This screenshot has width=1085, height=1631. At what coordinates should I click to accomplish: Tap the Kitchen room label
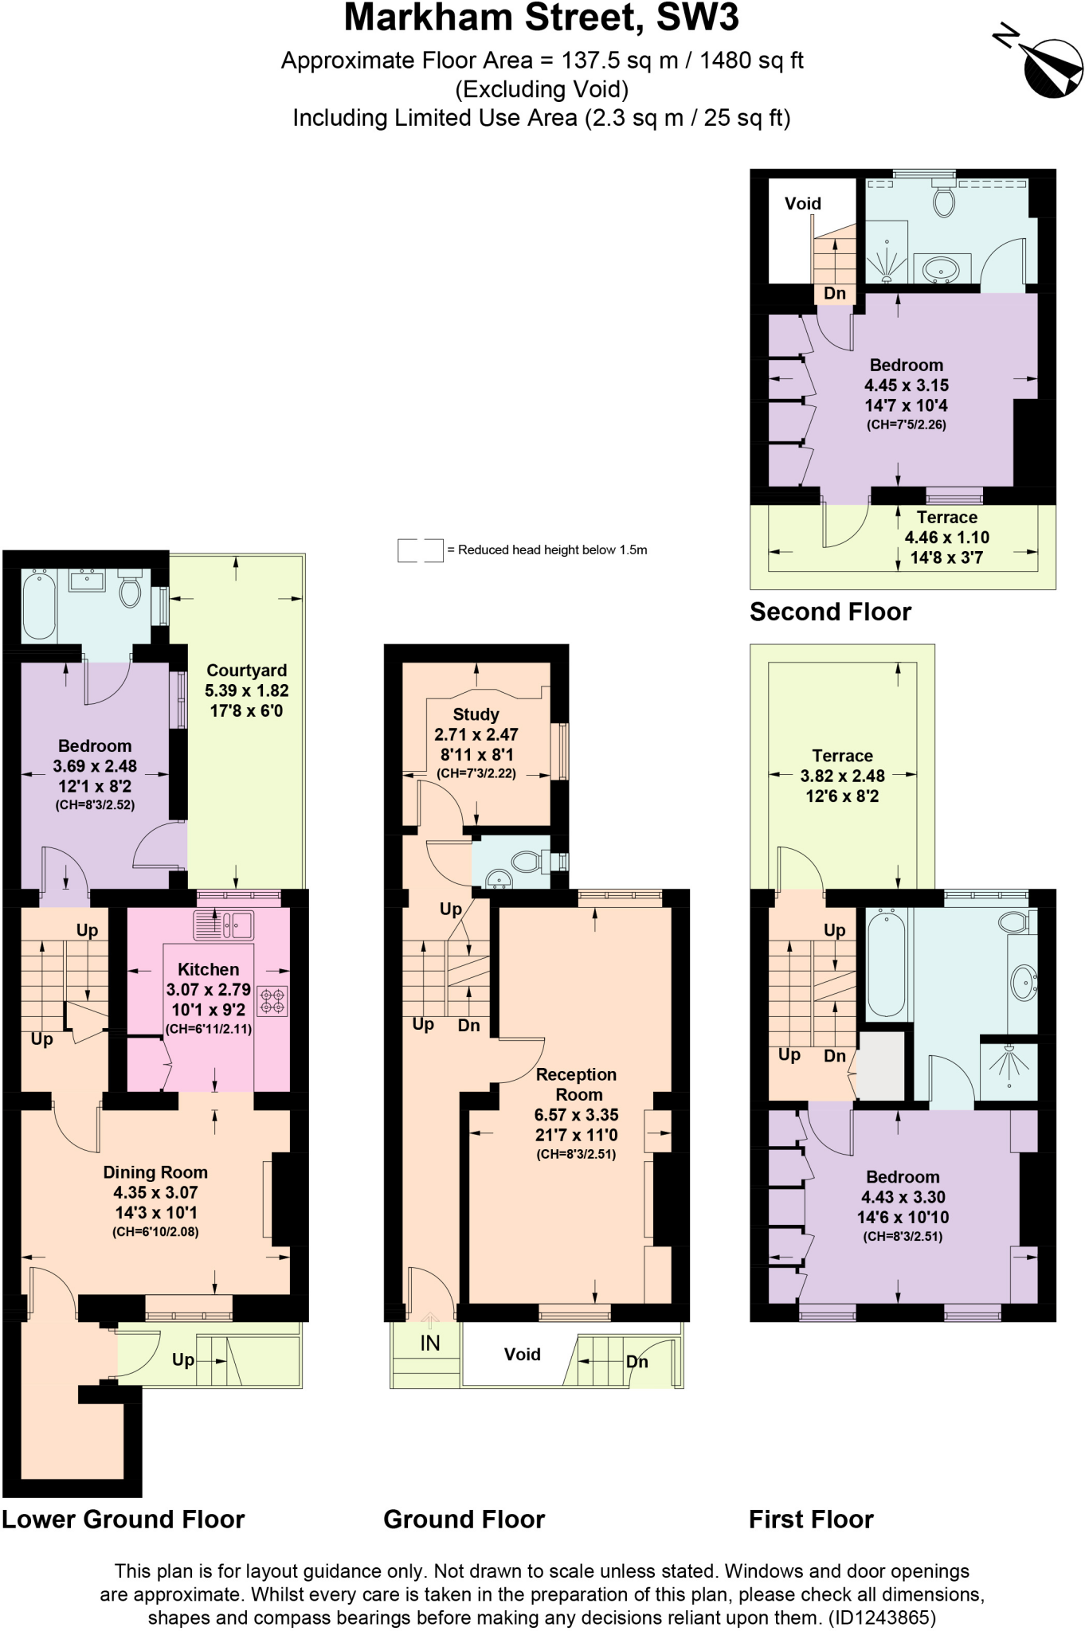coord(208,969)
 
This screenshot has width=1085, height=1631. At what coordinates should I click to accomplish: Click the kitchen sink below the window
coord(224,925)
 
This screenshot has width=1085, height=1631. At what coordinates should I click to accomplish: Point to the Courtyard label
coord(246,671)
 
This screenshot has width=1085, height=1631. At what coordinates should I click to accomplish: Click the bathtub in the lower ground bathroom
coord(37,604)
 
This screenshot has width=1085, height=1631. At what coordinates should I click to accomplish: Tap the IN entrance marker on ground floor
coord(429,1344)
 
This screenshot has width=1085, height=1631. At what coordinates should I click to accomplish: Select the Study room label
coord(476,714)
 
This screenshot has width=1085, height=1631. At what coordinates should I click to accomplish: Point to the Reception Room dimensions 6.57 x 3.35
coord(576,1115)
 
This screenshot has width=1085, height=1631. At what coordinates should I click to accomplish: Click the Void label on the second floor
coord(802,204)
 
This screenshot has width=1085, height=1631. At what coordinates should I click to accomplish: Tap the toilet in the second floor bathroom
coord(944,200)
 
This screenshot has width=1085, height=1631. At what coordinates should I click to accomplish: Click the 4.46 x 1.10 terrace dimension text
coord(946,538)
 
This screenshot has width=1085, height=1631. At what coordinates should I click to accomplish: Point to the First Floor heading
coord(811,1520)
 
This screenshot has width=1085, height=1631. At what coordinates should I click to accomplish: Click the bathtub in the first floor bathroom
coord(885,964)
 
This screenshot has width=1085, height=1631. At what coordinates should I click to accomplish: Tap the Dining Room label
coord(155,1172)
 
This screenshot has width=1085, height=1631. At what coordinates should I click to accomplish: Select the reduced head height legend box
coord(420,550)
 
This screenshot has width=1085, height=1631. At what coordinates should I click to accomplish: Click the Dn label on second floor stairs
coord(834,293)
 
